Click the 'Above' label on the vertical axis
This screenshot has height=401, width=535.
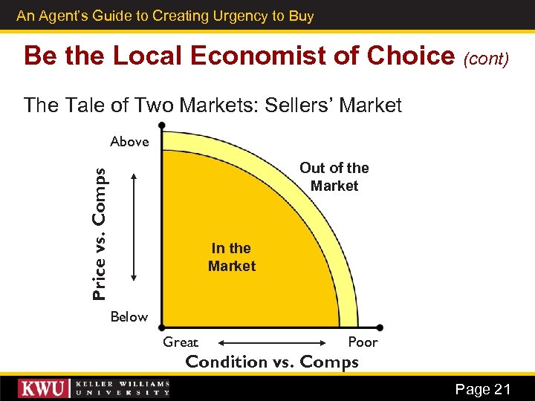[x=129, y=141]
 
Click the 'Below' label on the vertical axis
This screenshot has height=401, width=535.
[x=129, y=317]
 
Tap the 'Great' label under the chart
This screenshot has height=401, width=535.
[x=181, y=342]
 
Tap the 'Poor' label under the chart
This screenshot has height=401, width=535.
[x=363, y=342]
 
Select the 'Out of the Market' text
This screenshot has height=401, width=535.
[x=334, y=177]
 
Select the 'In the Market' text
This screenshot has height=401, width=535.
[x=232, y=257]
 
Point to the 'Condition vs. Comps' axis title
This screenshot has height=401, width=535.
[x=272, y=362]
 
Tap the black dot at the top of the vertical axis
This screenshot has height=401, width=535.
[x=162, y=126]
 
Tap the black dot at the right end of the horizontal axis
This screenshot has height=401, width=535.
[x=380, y=327]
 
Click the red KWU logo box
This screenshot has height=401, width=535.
[x=44, y=388]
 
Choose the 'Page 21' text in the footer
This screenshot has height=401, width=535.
[x=482, y=389]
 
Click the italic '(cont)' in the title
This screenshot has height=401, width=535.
[x=487, y=59]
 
